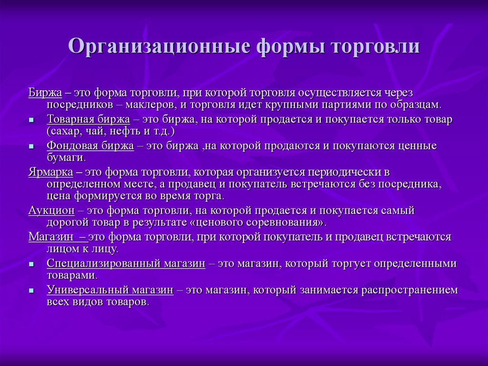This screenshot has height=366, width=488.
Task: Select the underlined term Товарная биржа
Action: tap(88, 119)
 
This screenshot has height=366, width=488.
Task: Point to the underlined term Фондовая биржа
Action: tap(90, 146)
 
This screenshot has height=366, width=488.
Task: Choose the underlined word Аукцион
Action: tap(51, 210)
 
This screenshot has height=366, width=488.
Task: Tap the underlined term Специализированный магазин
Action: tap(126, 263)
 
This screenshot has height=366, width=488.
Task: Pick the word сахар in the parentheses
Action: tap(64, 131)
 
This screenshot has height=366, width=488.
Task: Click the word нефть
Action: tap(122, 131)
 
